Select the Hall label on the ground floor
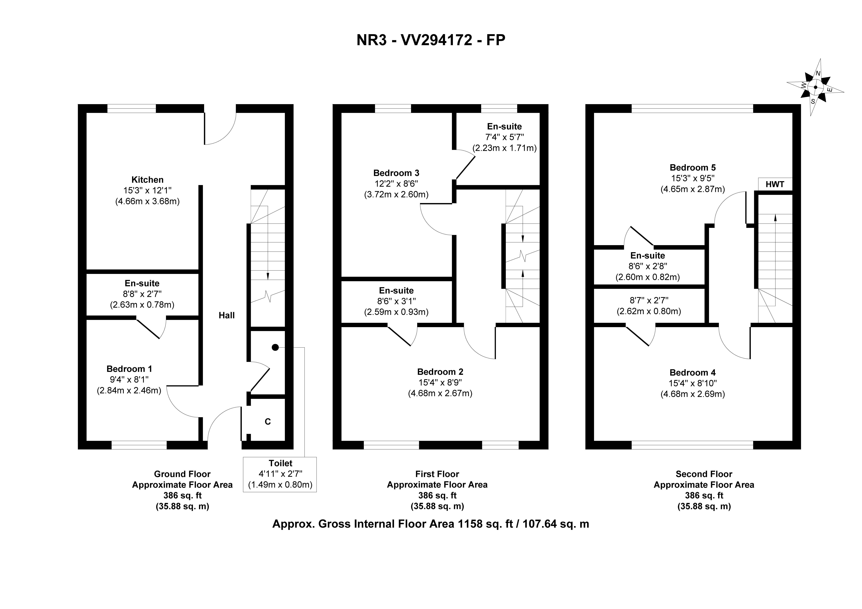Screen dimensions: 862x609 click(227, 315)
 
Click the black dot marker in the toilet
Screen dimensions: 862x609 click(275, 347)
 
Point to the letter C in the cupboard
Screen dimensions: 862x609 click(268, 422)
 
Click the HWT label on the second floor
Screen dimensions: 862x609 click(775, 184)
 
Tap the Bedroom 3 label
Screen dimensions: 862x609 click(396, 173)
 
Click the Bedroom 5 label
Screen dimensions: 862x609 click(693, 167)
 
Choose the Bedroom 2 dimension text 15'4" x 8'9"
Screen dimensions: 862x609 click(440, 383)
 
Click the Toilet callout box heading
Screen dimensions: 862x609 click(281, 463)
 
